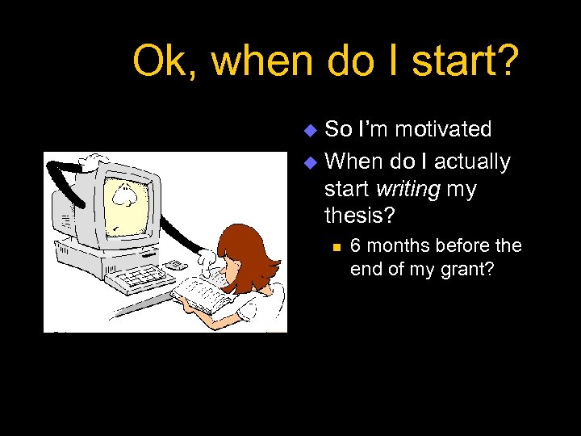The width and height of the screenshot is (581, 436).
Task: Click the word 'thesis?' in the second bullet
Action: click(x=355, y=216)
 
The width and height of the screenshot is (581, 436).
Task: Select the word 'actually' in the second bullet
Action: click(x=472, y=162)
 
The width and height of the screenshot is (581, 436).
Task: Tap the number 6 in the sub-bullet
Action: click(x=356, y=245)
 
